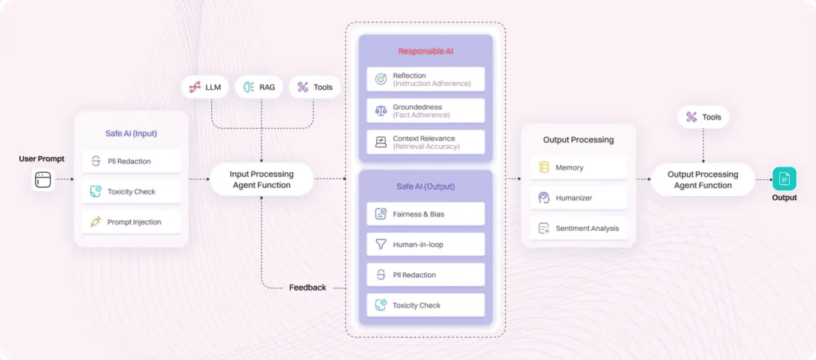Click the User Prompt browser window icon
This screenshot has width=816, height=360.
(43, 179)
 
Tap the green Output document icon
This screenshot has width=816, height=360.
(784, 179)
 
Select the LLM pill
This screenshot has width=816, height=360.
(205, 88)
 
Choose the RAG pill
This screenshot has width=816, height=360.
(259, 88)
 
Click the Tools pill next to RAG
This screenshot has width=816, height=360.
(315, 88)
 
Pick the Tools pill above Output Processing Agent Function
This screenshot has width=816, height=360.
(703, 117)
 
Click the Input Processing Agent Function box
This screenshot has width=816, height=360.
(261, 179)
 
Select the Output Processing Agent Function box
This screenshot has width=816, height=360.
(703, 179)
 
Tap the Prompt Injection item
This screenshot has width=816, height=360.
(131, 222)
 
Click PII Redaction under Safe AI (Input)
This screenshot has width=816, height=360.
(131, 161)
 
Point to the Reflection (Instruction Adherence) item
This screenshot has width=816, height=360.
(426, 79)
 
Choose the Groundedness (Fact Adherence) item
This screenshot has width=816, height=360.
(426, 111)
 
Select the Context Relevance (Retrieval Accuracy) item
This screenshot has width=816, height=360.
(426, 142)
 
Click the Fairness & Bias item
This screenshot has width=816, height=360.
(426, 213)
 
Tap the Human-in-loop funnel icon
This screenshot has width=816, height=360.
(381, 245)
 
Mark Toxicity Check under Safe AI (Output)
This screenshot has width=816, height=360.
(426, 305)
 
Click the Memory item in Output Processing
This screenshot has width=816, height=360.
(579, 167)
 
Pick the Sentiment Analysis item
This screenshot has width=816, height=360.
(579, 229)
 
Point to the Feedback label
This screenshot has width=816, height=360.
(308, 288)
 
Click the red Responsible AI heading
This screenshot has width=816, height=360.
(426, 51)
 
